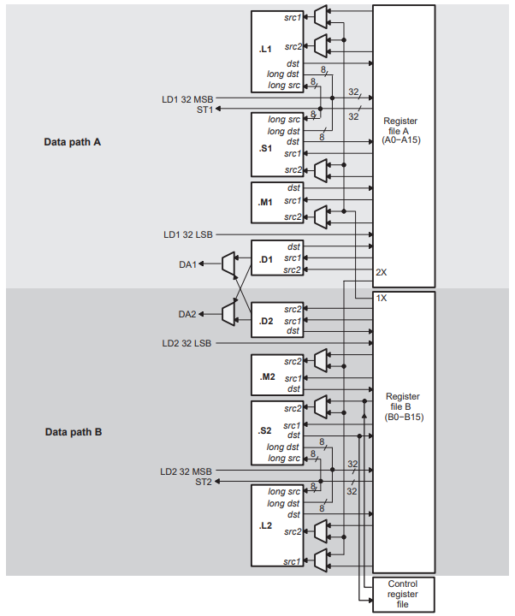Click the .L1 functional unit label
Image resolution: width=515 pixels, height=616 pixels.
(265, 50)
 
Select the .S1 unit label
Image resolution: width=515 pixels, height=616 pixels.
(265, 148)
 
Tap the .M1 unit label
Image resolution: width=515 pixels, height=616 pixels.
(265, 202)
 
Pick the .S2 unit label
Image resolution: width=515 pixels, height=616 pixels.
(265, 430)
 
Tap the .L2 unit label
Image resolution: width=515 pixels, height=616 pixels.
(265, 524)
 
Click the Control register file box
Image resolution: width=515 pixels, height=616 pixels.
(403, 594)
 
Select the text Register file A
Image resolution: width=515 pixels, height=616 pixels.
(402, 130)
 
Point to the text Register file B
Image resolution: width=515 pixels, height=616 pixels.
(403, 406)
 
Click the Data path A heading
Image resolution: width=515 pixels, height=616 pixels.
(73, 141)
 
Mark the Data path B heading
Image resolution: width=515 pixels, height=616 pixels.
(74, 432)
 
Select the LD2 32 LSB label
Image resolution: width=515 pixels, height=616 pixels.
(187, 343)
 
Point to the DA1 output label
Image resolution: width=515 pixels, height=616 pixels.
(187, 264)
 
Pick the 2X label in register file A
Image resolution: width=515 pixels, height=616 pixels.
(382, 271)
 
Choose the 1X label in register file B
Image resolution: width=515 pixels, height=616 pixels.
(382, 299)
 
